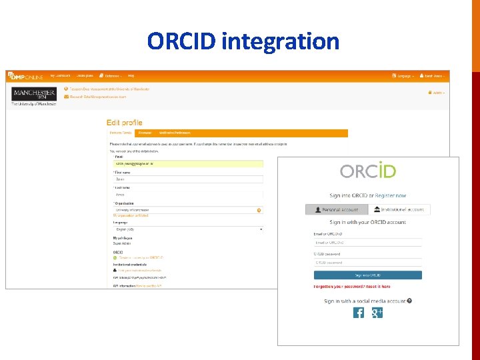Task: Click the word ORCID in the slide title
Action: tap(182, 41)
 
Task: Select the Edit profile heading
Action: tap(124, 123)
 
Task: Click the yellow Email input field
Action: tap(188, 163)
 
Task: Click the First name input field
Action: tap(188, 179)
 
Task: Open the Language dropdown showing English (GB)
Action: tap(188, 229)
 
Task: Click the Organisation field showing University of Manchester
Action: tap(188, 210)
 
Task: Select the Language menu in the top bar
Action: tap(405, 76)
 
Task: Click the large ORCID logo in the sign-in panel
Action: tap(368, 170)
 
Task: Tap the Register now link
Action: tap(391, 196)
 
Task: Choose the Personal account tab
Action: tap(337, 209)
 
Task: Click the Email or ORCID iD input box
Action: tap(368, 243)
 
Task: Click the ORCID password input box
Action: tap(368, 263)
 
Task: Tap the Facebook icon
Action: tap(359, 313)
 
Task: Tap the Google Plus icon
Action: tap(377, 313)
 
